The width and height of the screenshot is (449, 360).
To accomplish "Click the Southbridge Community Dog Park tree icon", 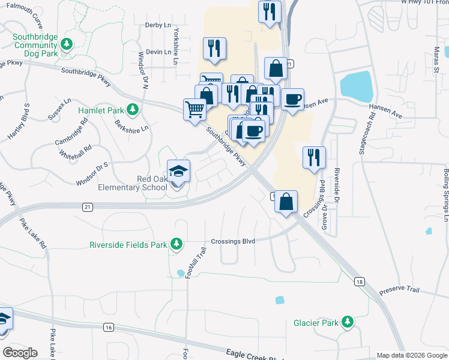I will click(68, 44).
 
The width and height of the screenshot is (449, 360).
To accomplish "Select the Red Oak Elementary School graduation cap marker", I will click(178, 171).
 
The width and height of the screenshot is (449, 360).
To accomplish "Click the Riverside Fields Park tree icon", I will click(176, 244).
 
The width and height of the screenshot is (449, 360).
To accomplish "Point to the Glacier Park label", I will click(316, 322).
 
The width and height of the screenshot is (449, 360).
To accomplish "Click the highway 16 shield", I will click(108, 327).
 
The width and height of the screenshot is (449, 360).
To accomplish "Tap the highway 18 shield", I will click(360, 281).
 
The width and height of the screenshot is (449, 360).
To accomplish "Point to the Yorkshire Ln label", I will click(176, 40).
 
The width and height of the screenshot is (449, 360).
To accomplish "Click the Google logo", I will click(20, 353).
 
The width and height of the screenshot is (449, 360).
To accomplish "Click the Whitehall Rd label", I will click(76, 150).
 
